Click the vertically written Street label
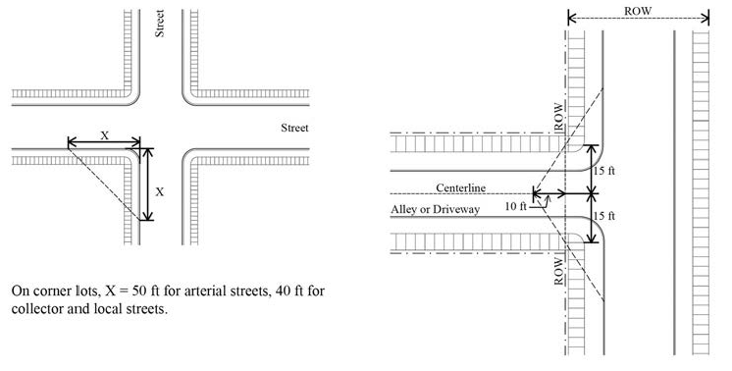(159, 22)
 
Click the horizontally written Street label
(295, 128)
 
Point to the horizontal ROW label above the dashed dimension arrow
(639, 11)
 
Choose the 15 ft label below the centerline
(606, 215)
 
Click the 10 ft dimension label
(515, 206)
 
